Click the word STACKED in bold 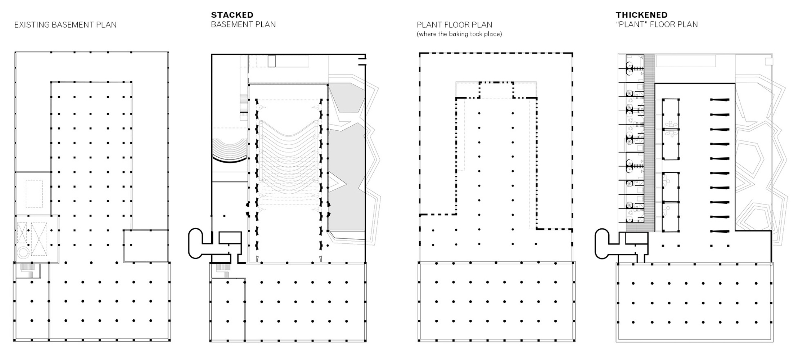[232, 15]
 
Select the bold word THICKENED [641, 15]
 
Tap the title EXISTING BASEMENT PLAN [66, 25]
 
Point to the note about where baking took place [459, 34]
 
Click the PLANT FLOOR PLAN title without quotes [454, 25]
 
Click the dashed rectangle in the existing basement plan [34, 194]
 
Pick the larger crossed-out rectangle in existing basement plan [39, 239]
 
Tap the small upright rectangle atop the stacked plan [272, 61]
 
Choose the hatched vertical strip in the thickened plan [649, 143]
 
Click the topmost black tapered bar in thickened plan [720, 100]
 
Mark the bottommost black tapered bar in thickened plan [720, 231]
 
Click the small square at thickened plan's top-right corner [768, 61]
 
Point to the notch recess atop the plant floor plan [496, 90]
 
